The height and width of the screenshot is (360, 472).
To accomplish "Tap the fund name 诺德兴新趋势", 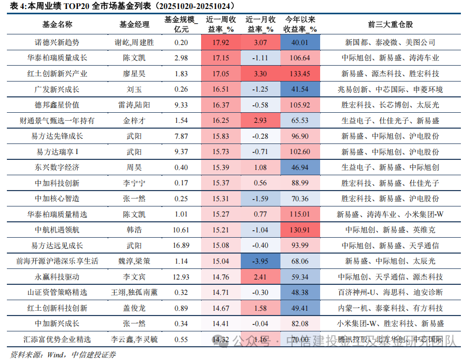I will pyautogui.click(x=57, y=42).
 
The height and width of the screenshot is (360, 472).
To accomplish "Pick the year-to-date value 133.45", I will pyautogui.click(x=300, y=74).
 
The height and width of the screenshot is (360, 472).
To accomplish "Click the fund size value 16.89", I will pyautogui.click(x=181, y=246).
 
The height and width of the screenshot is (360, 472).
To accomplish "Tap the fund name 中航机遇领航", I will pyautogui.click(x=57, y=230).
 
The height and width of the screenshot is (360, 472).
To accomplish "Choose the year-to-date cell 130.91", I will pyautogui.click(x=300, y=230).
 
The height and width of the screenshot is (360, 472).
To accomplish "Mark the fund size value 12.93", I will pyautogui.click(x=181, y=277).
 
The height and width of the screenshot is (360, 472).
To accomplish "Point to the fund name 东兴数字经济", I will pyautogui.click(x=57, y=167).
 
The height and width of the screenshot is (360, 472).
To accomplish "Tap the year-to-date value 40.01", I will pyautogui.click(x=300, y=42).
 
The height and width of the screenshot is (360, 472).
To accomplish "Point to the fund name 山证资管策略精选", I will pyautogui.click(x=57, y=292).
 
